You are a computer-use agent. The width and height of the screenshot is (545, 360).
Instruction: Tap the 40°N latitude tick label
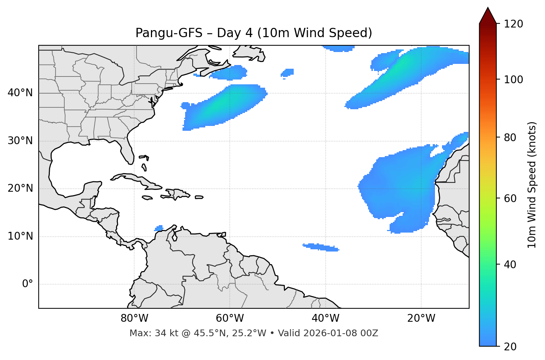click(x=20, y=93)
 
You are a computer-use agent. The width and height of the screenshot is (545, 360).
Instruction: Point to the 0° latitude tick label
click(x=27, y=284)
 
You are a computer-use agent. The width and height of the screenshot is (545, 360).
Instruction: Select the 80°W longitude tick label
click(x=134, y=318)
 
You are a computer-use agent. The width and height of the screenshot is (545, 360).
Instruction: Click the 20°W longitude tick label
click(x=421, y=318)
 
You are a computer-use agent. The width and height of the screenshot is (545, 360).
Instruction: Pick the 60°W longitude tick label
click(x=230, y=318)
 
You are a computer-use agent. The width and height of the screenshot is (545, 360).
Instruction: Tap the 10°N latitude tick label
click(x=20, y=236)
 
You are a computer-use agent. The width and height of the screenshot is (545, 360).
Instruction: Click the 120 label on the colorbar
click(x=513, y=24)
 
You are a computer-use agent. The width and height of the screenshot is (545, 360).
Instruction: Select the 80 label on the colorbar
click(x=513, y=137)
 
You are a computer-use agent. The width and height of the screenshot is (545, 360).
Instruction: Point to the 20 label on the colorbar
click(x=513, y=347)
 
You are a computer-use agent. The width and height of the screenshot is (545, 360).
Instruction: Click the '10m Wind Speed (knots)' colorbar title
click(x=532, y=185)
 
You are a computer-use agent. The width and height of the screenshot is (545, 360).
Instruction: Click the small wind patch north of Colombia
click(x=159, y=228)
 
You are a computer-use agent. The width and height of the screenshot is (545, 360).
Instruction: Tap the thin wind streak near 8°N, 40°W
click(x=320, y=247)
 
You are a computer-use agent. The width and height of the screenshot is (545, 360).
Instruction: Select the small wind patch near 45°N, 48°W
click(x=287, y=72)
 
